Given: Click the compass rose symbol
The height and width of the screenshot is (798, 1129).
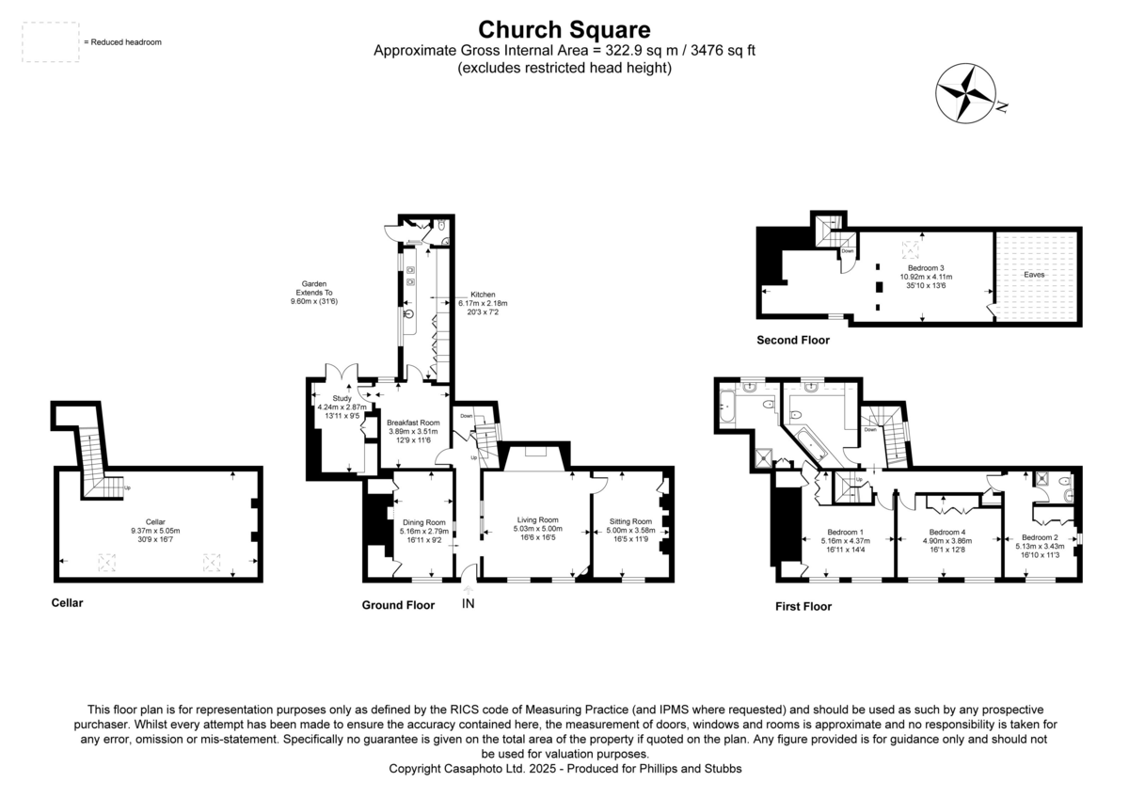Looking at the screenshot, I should click(x=964, y=93).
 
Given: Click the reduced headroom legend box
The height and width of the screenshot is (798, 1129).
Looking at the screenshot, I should click(x=50, y=42).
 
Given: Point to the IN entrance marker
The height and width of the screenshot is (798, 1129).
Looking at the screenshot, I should click(x=468, y=603).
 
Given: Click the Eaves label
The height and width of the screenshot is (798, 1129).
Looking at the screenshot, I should click(x=1035, y=275).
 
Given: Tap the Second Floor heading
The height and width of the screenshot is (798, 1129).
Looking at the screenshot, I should click(x=793, y=341).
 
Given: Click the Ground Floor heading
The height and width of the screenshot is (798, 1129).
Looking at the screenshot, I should click(x=398, y=605).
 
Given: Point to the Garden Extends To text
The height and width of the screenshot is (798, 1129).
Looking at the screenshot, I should click(x=314, y=293).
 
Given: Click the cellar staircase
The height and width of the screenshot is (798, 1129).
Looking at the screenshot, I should click(x=93, y=461).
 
